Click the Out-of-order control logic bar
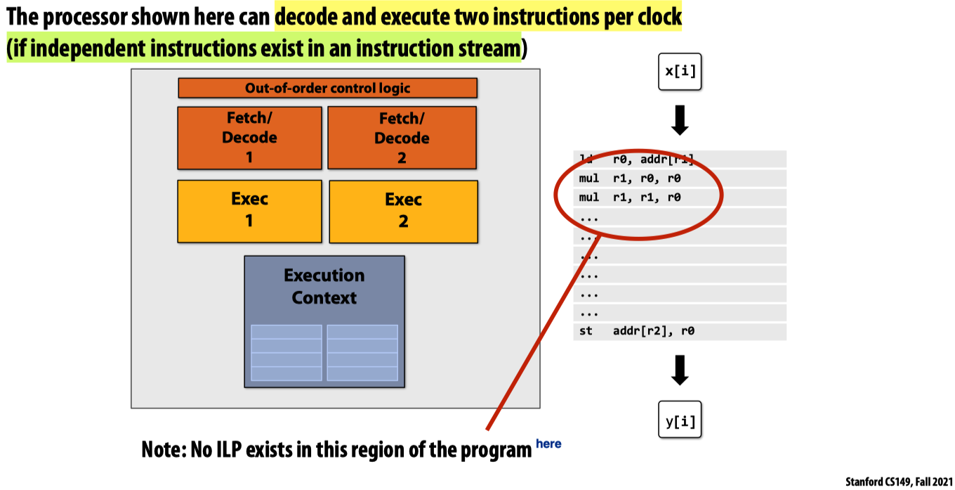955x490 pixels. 327,88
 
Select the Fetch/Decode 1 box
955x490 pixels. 249,138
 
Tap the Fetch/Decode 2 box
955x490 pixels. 402,138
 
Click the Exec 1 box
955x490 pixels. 249,210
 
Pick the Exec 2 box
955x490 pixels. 403,211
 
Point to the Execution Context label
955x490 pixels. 324,286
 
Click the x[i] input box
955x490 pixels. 680,71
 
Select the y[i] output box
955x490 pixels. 680,421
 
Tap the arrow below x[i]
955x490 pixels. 680,120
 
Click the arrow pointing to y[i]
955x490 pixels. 680,370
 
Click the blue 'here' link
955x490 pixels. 548,444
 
